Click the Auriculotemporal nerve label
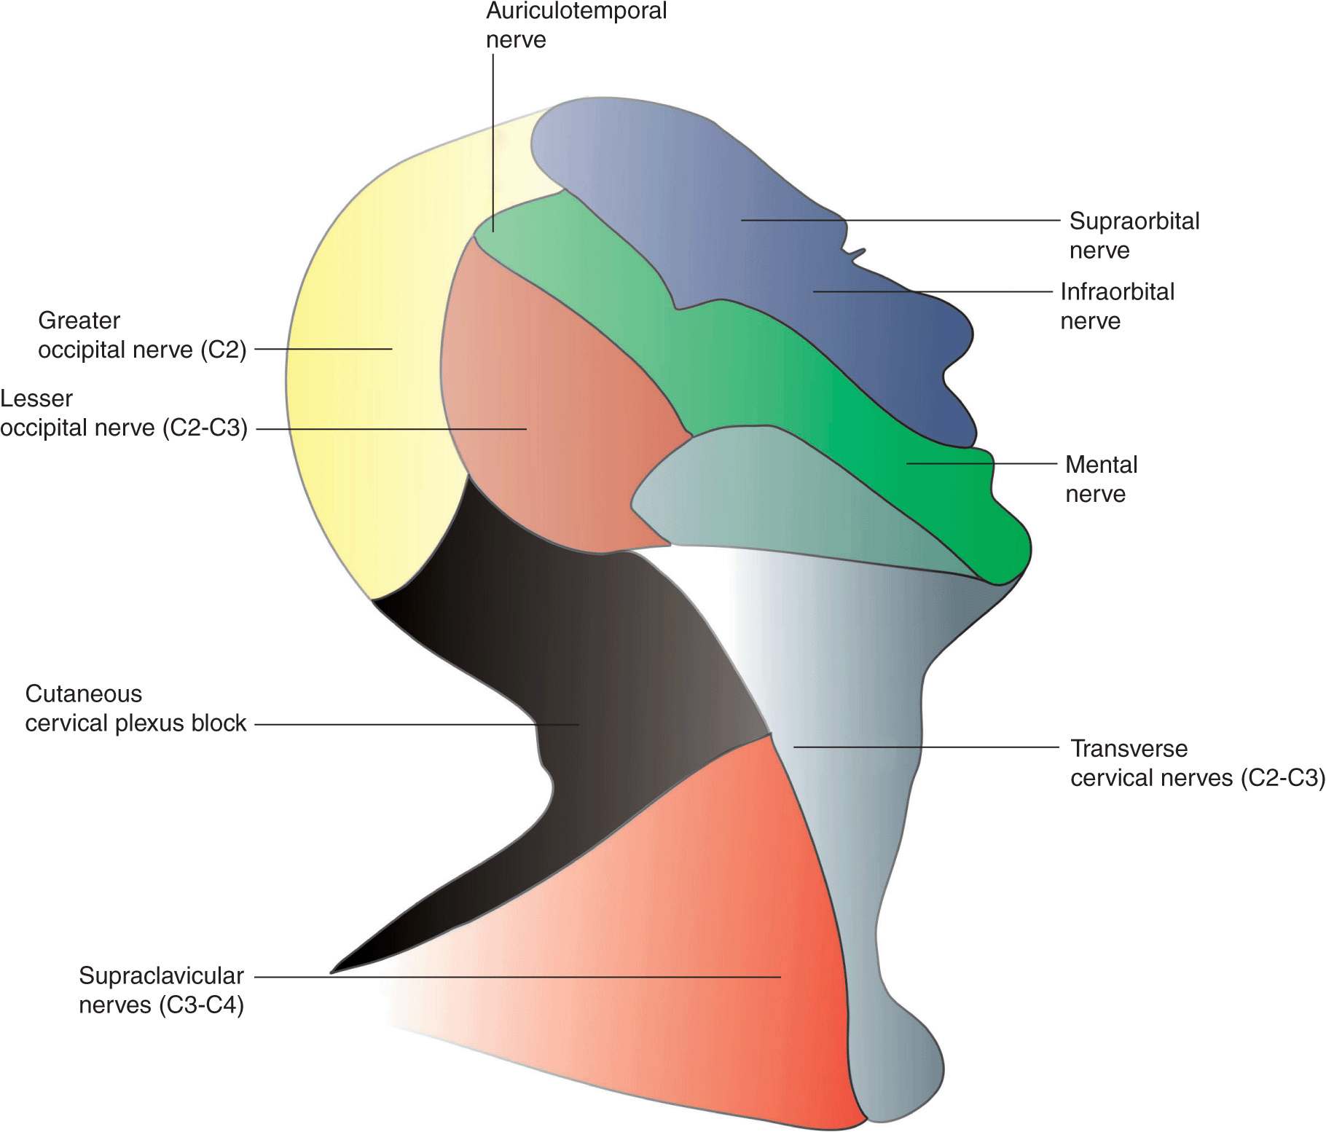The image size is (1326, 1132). (576, 25)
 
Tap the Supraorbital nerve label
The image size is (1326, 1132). (1134, 235)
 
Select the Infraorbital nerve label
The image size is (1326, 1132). (1117, 306)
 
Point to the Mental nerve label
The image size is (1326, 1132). (1100, 479)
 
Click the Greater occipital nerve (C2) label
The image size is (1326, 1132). (141, 335)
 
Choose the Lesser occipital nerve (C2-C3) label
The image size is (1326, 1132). (124, 413)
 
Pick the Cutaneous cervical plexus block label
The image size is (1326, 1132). (136, 709)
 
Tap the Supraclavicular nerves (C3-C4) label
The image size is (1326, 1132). (161, 990)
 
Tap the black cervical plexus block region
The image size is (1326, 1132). (583, 656)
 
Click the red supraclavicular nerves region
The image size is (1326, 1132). (729, 911)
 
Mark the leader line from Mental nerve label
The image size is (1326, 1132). (984, 463)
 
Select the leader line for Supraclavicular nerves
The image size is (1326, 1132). (510, 977)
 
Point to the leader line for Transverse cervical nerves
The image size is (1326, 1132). (925, 747)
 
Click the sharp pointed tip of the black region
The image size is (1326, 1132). (333, 971)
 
